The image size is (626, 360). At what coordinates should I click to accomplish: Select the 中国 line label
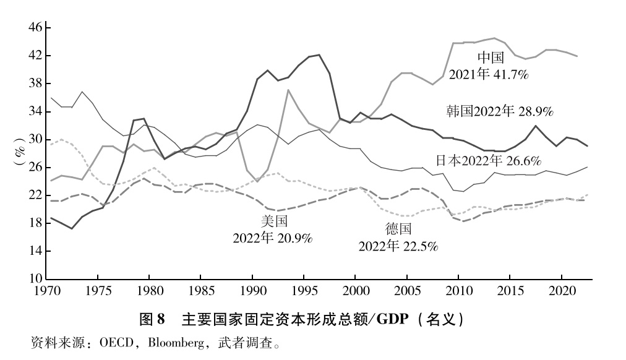click(x=492, y=58)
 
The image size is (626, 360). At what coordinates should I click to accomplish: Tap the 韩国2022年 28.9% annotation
click(x=499, y=112)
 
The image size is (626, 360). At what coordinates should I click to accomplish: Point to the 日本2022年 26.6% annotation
click(x=487, y=160)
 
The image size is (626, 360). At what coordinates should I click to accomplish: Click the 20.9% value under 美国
click(x=293, y=238)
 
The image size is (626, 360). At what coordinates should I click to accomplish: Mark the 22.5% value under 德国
click(x=418, y=246)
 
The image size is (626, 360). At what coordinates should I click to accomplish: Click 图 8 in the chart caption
click(x=152, y=320)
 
